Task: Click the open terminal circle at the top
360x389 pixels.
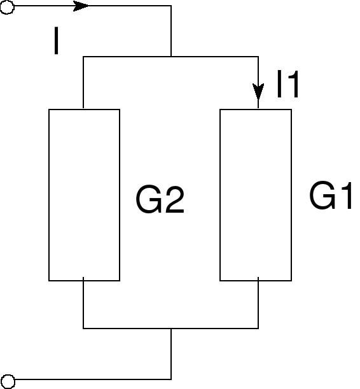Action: pyautogui.click(x=6, y=6)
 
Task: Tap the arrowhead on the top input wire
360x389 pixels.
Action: pyautogui.click(x=81, y=6)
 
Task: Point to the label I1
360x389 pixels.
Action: pyautogui.click(x=287, y=85)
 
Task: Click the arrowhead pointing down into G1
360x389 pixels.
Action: pyautogui.click(x=258, y=90)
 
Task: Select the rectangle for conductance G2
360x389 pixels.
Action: pyautogui.click(x=84, y=195)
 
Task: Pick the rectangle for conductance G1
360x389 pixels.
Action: pyautogui.click(x=256, y=195)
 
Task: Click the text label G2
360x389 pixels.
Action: pyautogui.click(x=160, y=201)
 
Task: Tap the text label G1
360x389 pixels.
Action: pyautogui.click(x=331, y=197)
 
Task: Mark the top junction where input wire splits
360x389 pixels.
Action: pyautogui.click(x=171, y=57)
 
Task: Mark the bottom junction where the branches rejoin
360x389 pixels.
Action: pyautogui.click(x=171, y=329)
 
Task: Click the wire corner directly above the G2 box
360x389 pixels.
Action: pyautogui.click(x=84, y=57)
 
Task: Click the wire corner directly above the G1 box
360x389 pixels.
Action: pyautogui.click(x=258, y=57)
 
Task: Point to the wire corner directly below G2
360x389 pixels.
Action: pyautogui.click(x=84, y=329)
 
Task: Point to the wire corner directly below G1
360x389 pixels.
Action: pyautogui.click(x=258, y=329)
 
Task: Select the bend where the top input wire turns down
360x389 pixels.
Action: pyautogui.click(x=171, y=6)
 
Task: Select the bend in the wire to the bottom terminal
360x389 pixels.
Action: pyautogui.click(x=171, y=379)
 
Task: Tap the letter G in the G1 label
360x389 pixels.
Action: pyautogui.click(x=322, y=197)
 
